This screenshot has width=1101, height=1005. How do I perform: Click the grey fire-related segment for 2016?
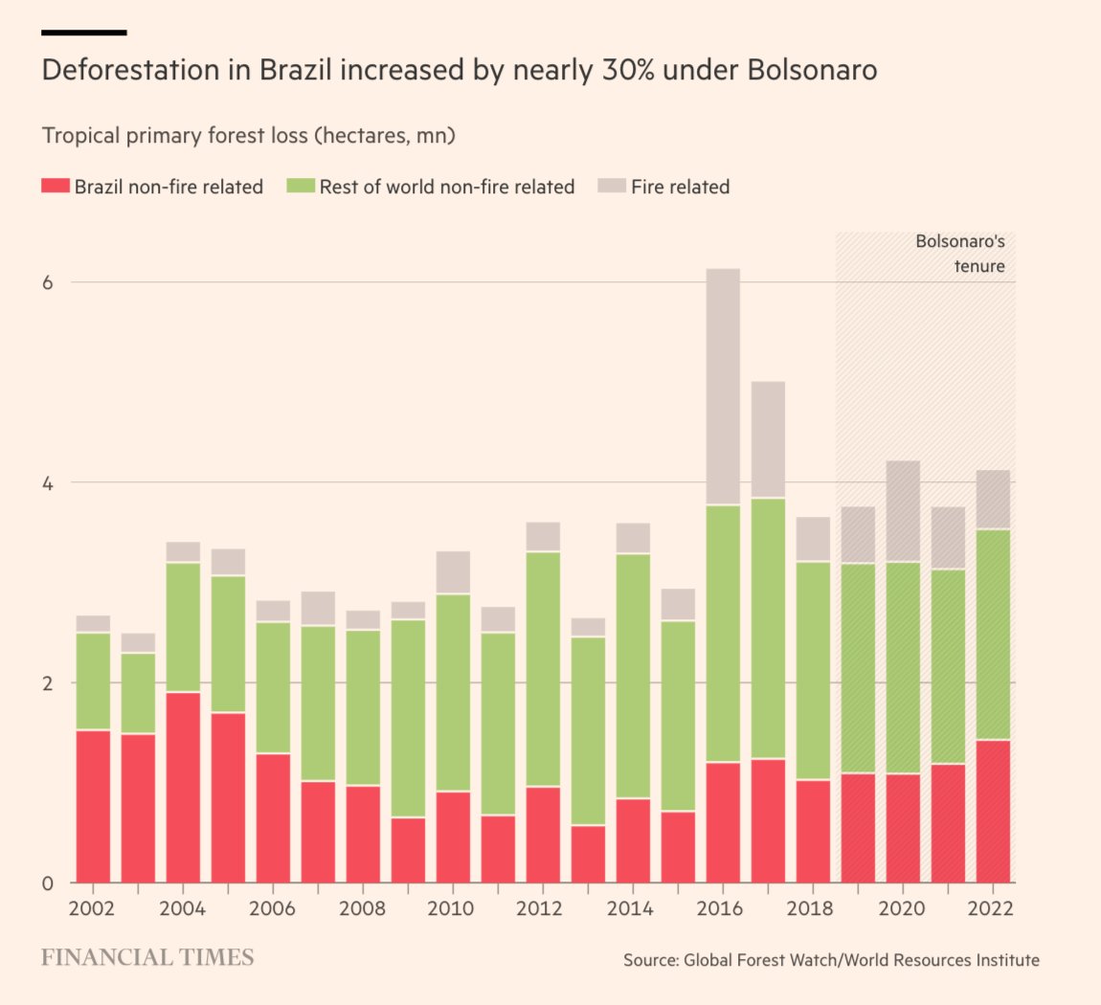(723, 386)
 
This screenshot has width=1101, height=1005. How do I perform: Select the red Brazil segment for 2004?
(183, 787)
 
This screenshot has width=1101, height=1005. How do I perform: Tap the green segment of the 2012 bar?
(543, 668)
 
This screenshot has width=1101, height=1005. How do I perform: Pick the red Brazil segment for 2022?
(993, 811)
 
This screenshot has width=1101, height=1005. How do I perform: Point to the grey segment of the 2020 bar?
(903, 511)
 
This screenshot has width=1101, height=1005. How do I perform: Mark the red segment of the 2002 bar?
(93, 806)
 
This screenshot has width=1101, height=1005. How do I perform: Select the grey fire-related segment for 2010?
(453, 572)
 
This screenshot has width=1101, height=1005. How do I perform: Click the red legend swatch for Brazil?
(56, 186)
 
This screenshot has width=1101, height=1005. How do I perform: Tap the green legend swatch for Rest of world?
(301, 186)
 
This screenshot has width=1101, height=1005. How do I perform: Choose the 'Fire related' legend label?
(680, 187)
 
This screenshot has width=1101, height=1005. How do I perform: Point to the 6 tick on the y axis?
(48, 282)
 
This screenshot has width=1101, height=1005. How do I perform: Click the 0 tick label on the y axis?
(48, 882)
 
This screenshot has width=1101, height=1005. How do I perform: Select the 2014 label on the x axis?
(630, 908)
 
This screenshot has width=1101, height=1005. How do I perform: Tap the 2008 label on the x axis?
(362, 908)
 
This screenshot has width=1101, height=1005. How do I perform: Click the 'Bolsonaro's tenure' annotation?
(959, 254)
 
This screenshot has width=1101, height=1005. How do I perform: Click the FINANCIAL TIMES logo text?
(147, 957)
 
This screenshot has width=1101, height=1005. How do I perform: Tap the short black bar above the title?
(84, 33)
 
